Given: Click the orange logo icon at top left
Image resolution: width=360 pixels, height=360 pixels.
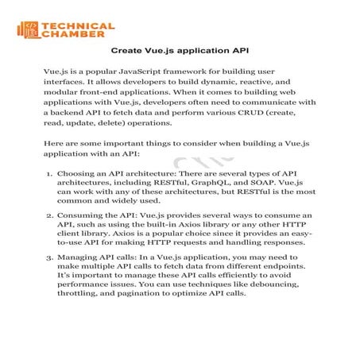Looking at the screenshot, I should point(29,30).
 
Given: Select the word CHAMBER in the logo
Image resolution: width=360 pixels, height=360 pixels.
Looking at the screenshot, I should point(72,36).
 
